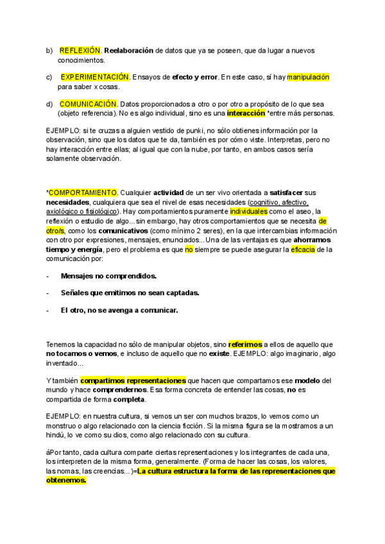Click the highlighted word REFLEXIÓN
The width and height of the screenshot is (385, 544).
pyautogui.click(x=80, y=50)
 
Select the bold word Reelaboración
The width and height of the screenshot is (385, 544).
pyautogui.click(x=129, y=50)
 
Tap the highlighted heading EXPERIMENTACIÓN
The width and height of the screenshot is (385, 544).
pyautogui.click(x=95, y=77)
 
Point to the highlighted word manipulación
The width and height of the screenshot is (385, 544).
pyautogui.click(x=308, y=77)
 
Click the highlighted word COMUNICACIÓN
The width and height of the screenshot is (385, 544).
pyautogui.click(x=89, y=104)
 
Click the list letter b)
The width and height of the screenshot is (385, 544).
pyautogui.click(x=49, y=50)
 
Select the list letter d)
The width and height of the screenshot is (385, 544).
pyautogui.click(x=49, y=104)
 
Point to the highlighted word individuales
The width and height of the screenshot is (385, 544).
pyautogui.click(x=252, y=211)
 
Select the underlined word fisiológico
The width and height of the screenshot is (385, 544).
pyautogui.click(x=101, y=211)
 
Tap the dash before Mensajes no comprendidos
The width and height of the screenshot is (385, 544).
pyautogui.click(x=48, y=276)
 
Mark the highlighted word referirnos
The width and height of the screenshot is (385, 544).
pyautogui.click(x=244, y=344)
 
